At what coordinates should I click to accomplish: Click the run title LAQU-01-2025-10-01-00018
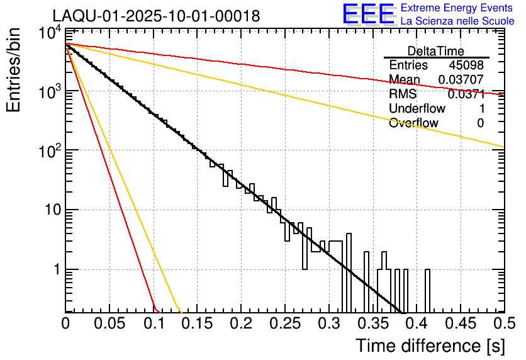pyautogui.click(x=156, y=16)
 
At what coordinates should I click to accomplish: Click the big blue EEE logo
pyautogui.click(x=368, y=15)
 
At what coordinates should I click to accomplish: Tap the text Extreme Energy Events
pyautogui.click(x=457, y=8)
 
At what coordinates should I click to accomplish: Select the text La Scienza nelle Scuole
pyautogui.click(x=457, y=21)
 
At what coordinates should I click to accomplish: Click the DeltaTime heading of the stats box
pyautogui.click(x=436, y=51)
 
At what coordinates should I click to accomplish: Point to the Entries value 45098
pyautogui.click(x=466, y=65)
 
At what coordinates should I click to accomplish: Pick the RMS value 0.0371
pyautogui.click(x=466, y=94)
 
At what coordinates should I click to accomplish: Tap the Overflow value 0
pyautogui.click(x=480, y=123)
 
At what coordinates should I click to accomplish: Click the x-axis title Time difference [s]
pyautogui.click(x=430, y=346)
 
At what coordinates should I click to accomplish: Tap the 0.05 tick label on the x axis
pyautogui.click(x=109, y=323)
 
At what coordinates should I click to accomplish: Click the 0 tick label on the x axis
pyautogui.click(x=65, y=323)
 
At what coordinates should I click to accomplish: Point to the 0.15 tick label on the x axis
pyautogui.click(x=197, y=323)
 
